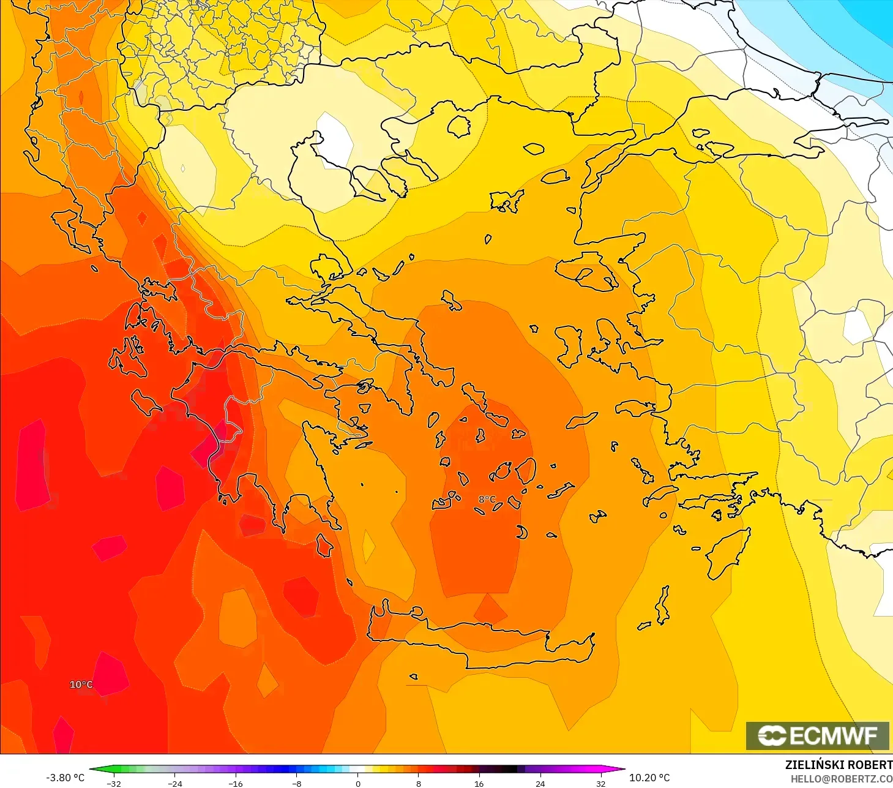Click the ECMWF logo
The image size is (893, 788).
pos(817,735)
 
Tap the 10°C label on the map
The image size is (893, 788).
pos(81,685)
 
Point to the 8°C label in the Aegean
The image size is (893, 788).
pos(487,500)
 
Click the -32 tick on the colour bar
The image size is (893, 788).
pos(114,783)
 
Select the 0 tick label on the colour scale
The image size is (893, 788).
pos(358,783)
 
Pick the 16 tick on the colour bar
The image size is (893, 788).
pos(479,783)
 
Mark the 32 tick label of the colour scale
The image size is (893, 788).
pos(601,783)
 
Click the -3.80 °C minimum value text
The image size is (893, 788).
pos(65,778)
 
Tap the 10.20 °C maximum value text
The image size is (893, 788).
pos(649,778)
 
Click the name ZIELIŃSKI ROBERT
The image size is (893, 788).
pos(839,765)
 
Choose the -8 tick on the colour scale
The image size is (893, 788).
pos(297,783)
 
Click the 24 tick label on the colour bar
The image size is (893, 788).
pos(540,783)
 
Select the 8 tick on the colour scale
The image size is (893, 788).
pos(419,783)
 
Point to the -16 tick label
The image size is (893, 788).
pos(236,783)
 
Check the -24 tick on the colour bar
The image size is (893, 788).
pos(175,783)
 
